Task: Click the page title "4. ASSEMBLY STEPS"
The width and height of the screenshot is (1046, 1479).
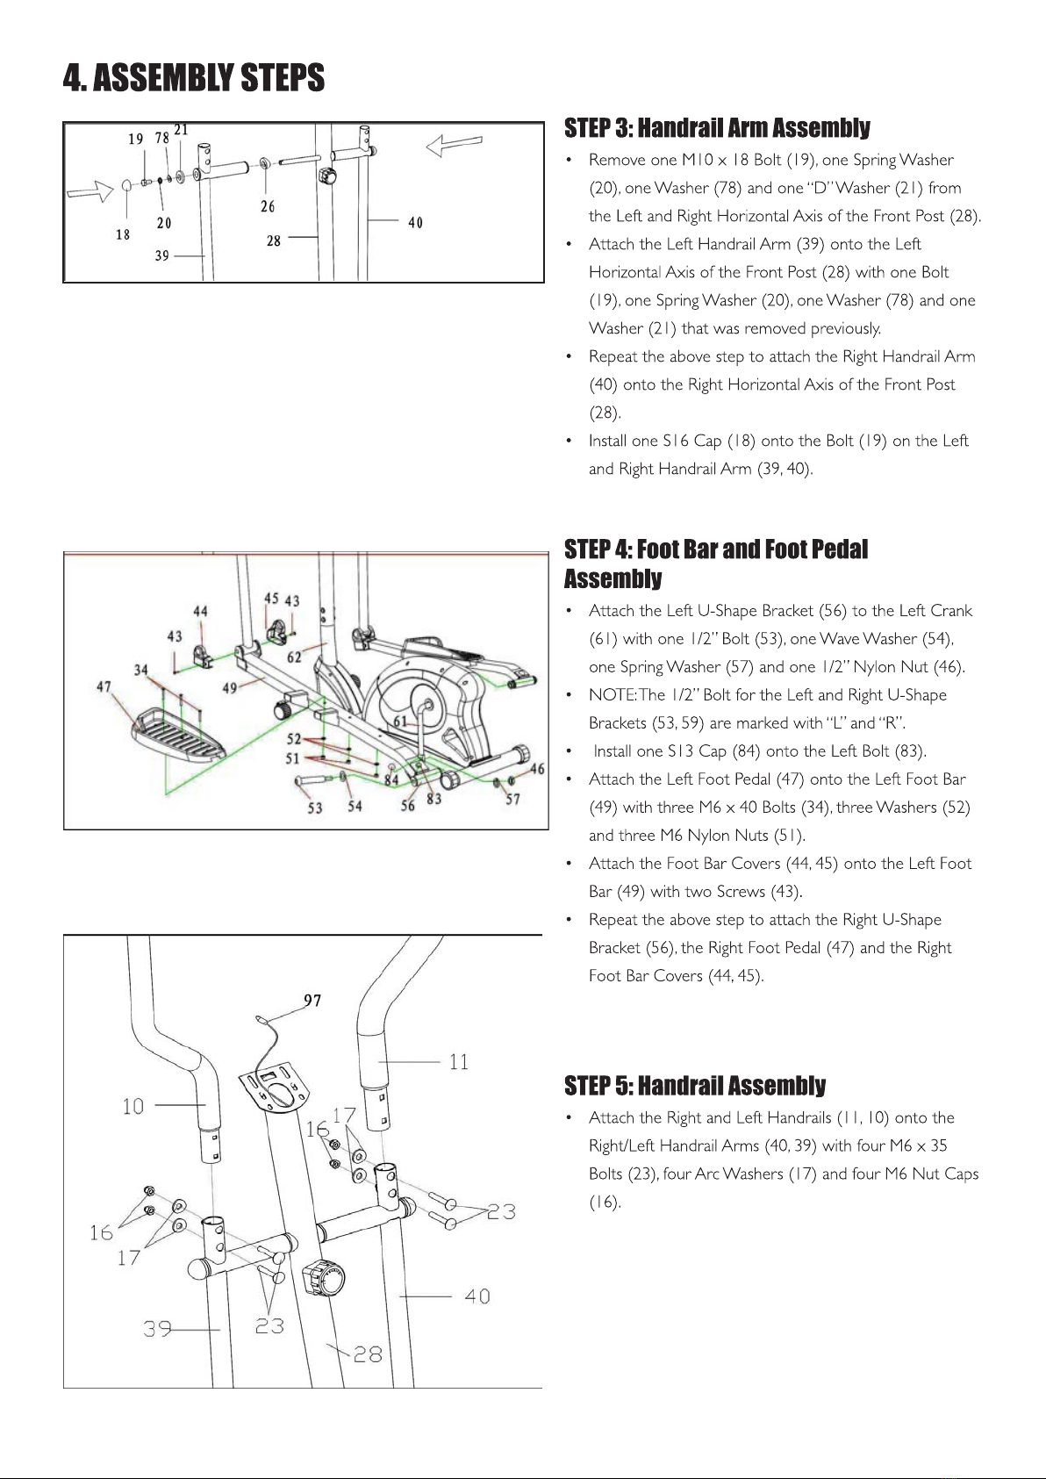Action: point(194,78)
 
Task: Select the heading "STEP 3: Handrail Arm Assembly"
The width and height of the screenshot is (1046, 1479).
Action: point(717,128)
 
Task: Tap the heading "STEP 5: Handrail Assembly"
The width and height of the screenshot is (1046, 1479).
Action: point(695,1086)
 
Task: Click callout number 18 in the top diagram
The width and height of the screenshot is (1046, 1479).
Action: point(123,234)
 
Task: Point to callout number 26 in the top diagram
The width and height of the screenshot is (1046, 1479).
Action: point(268,206)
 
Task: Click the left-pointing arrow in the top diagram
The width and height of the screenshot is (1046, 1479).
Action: point(454,145)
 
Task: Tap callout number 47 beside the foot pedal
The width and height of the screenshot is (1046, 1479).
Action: point(104,686)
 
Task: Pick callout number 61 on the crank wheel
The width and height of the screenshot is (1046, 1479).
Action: point(400,722)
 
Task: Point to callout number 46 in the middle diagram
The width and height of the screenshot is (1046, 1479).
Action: point(537,769)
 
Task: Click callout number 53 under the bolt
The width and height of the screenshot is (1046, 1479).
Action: point(314,808)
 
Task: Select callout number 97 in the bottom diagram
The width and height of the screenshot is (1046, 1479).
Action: point(312,1001)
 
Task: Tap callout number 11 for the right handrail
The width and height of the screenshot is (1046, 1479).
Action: point(459,1062)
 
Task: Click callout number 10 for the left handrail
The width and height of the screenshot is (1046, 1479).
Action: point(133,1106)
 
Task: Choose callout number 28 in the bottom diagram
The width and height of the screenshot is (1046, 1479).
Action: point(368,1354)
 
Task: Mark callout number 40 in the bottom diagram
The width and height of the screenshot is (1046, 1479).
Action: point(477,1296)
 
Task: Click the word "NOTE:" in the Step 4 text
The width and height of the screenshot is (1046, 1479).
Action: point(613,695)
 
